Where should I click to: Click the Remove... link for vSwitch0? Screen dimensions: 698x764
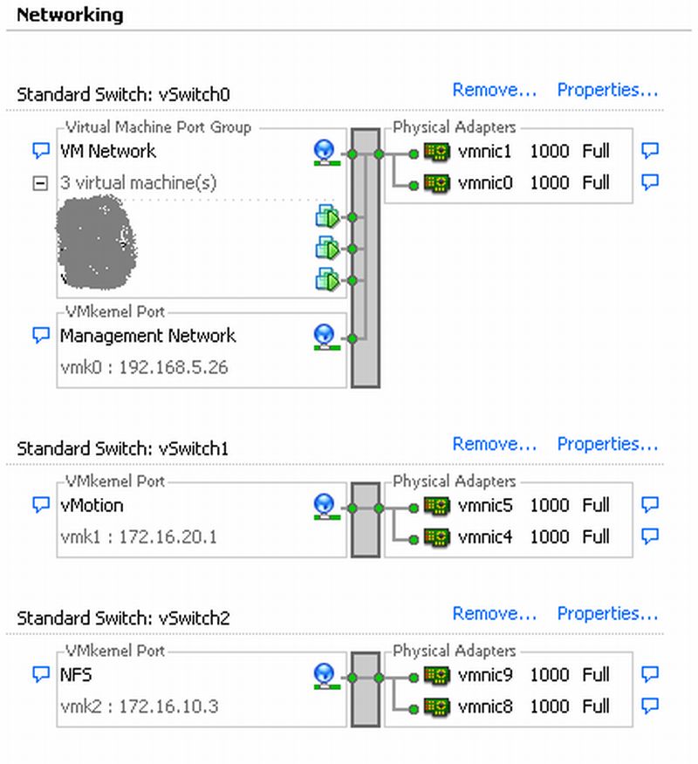point(494,90)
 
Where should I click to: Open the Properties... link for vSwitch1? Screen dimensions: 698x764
point(607,444)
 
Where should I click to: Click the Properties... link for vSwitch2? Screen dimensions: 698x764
point(607,614)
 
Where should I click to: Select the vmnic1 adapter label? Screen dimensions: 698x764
point(485,151)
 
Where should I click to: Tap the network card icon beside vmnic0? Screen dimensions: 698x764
point(436,183)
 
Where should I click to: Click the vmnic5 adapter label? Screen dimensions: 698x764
point(485,505)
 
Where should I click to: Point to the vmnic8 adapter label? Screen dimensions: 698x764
point(485,706)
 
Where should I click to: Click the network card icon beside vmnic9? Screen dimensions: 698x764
point(436,675)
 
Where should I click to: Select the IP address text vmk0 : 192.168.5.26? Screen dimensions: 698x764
point(144,367)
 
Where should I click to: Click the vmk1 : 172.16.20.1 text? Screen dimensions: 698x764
point(139,536)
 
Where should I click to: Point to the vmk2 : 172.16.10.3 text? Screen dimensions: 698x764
point(139,706)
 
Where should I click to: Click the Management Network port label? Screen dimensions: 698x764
point(148,336)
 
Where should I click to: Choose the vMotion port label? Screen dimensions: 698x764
point(92,505)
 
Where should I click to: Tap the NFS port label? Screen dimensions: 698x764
point(77,675)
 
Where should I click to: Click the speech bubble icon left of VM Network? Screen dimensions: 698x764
point(40,151)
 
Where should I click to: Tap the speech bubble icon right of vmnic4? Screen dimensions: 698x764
point(649,536)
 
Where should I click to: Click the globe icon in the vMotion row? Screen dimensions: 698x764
point(325,505)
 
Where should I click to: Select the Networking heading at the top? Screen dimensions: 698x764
point(70,15)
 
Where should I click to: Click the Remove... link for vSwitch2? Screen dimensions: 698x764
point(494,614)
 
